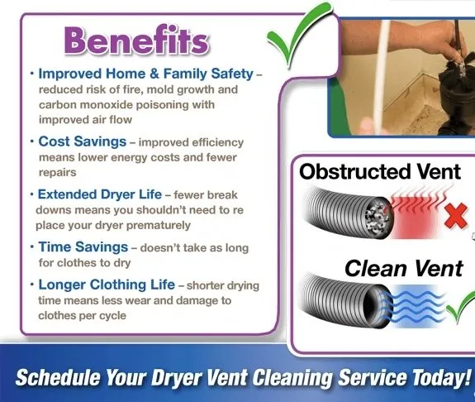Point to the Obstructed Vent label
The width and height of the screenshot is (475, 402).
pos(380,171)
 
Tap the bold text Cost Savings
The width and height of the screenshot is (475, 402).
pos(83,141)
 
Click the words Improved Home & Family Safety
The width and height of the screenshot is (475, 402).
pos(145,74)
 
